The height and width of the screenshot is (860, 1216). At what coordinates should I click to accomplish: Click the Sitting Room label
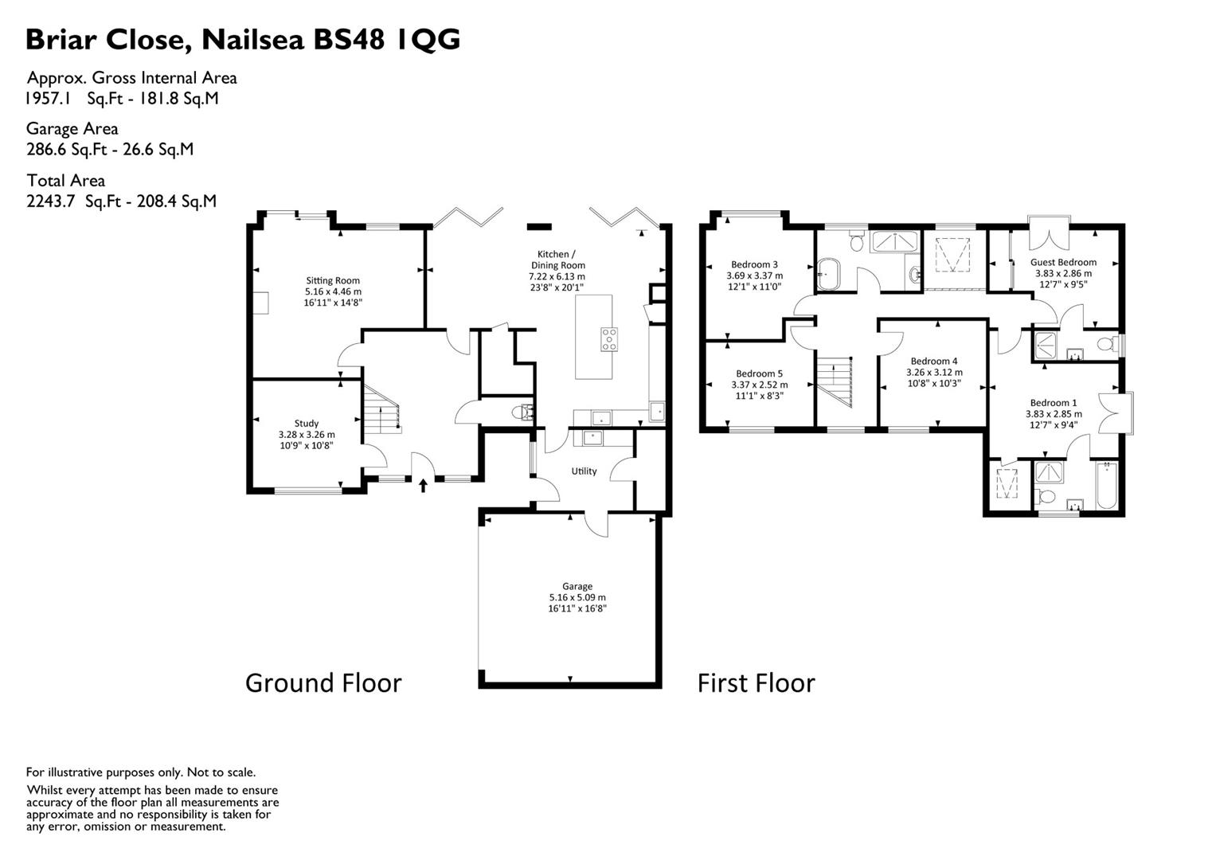(333, 280)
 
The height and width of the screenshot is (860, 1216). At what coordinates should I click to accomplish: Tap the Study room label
(306, 424)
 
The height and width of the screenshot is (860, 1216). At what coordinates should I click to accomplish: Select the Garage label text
(577, 586)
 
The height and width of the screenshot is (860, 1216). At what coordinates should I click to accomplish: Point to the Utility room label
(585, 471)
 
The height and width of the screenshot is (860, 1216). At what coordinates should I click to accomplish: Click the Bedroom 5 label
(759, 373)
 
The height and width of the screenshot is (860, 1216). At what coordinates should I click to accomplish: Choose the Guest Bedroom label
(1063, 262)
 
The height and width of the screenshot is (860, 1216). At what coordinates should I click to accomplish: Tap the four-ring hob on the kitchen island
(608, 340)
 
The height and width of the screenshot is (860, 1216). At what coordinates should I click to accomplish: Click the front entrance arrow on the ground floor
(423, 485)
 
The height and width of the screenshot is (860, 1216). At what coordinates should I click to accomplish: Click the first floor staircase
(835, 381)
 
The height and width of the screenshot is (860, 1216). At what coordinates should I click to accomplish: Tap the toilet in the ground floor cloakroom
(522, 412)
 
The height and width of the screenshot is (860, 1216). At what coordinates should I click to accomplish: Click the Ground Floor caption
(323, 683)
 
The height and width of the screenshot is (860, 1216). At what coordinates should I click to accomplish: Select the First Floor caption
(757, 683)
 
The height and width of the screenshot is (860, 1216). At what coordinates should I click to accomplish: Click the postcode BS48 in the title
(349, 40)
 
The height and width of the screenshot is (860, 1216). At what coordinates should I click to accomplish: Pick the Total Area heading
(65, 180)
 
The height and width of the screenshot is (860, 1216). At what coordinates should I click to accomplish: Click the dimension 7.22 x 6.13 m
(557, 276)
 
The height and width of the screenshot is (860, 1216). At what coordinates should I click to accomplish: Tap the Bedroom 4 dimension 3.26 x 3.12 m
(934, 373)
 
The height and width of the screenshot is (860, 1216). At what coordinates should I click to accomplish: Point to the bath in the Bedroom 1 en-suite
(1105, 485)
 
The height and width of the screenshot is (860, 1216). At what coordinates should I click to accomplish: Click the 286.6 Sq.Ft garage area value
(66, 150)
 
